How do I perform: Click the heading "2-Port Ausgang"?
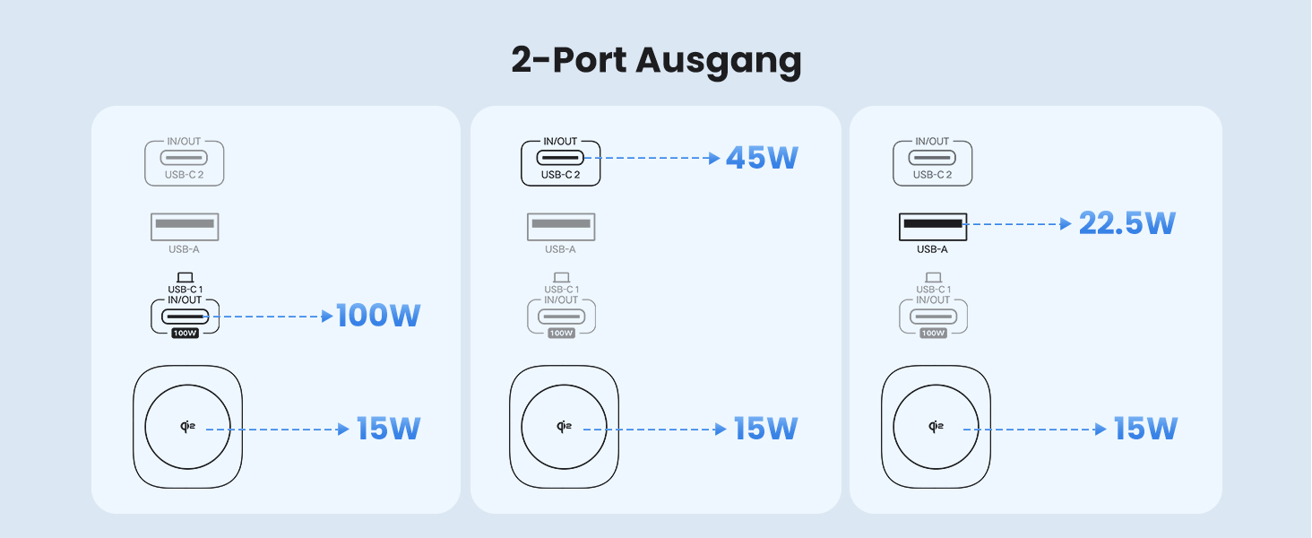[656, 61]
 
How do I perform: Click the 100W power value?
[378, 316]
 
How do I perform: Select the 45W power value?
[762, 159]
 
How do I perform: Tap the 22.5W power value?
[1126, 223]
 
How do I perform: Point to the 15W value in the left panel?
[388, 429]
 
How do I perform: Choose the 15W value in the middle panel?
[765, 429]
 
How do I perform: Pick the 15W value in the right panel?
[1144, 429]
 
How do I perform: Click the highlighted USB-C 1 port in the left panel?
[185, 316]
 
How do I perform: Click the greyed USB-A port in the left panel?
[185, 224]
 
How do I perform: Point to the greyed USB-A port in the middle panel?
[560, 224]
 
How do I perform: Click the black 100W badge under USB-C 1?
[185, 333]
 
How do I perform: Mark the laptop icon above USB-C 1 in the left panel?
[185, 277]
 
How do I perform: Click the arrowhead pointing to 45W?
[714, 159]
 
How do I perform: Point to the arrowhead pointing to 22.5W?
[1066, 224]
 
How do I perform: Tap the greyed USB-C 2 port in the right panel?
[932, 159]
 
